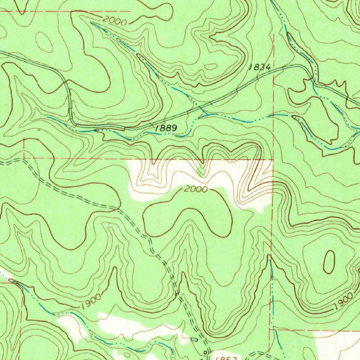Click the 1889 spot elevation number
[x=166, y=128]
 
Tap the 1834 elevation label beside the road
[x=259, y=67]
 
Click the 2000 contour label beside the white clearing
[x=195, y=189]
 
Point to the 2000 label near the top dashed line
[x=115, y=21]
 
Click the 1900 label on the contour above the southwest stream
[x=91, y=301]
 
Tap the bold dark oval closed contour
[x=329, y=262]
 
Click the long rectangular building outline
[x=194, y=339]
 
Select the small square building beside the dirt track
[x=206, y=352]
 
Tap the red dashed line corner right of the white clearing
[x=273, y=160]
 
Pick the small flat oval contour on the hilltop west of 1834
[x=211, y=66]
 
